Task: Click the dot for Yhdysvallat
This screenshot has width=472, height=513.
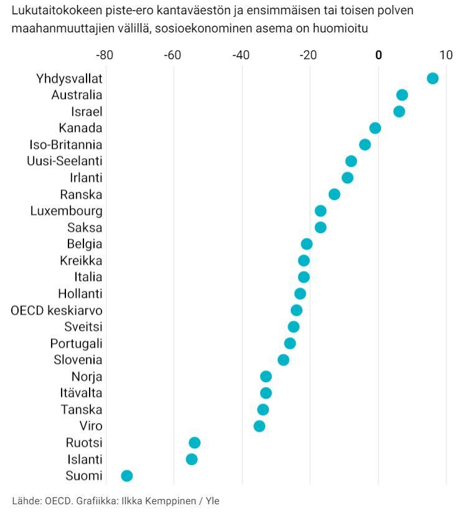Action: [432, 78]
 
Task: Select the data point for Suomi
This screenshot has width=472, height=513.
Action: [127, 476]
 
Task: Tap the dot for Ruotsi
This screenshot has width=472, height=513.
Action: [194, 443]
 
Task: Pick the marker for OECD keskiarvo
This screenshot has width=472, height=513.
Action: [296, 310]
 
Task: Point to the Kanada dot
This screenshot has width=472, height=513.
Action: [375, 128]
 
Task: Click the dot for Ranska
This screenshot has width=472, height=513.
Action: [334, 194]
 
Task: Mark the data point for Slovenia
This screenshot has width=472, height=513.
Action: [283, 360]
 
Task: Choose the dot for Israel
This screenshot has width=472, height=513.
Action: [399, 112]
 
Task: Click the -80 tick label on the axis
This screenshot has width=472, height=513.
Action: [104, 55]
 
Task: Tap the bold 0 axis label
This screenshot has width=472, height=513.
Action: [378, 55]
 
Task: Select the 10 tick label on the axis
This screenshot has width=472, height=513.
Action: [446, 55]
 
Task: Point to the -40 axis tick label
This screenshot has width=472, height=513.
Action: [240, 55]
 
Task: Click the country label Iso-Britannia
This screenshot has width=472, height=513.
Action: [66, 145]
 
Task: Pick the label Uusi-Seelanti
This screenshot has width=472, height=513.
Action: [65, 161]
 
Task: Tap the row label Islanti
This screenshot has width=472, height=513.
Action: [84, 459]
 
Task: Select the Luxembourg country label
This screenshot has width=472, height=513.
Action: [67, 211]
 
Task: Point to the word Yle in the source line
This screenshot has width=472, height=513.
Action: [212, 501]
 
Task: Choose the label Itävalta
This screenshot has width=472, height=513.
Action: [81, 393]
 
